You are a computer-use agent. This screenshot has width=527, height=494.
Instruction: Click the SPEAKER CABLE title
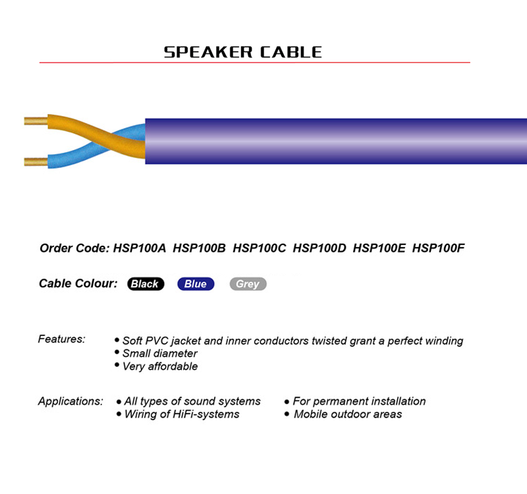click(x=242, y=52)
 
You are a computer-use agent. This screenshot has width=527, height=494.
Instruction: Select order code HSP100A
click(x=140, y=248)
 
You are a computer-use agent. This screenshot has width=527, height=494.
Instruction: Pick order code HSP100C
click(x=259, y=248)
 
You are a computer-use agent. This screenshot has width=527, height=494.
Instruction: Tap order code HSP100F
click(x=438, y=248)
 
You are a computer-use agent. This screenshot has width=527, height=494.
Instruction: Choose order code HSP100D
click(x=319, y=248)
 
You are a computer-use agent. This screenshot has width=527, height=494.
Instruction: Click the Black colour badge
click(x=146, y=284)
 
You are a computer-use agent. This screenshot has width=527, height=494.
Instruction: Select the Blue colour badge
click(x=196, y=284)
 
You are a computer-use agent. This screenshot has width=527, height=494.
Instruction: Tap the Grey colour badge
click(x=248, y=284)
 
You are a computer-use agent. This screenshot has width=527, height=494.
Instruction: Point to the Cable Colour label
click(x=78, y=283)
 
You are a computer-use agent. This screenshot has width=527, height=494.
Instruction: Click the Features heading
click(x=61, y=339)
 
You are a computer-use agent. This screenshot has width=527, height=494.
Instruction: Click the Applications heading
click(x=70, y=401)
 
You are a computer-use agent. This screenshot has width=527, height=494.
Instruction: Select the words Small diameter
click(x=159, y=353)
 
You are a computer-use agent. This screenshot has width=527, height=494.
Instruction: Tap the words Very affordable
click(x=160, y=366)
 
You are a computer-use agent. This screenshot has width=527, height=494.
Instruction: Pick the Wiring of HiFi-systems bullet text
click(x=182, y=414)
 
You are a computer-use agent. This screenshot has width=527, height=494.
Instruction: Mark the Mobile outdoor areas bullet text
click(x=348, y=414)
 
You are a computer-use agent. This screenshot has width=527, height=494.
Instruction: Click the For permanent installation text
click(x=359, y=401)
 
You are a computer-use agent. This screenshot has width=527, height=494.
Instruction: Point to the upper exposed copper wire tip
click(x=24, y=121)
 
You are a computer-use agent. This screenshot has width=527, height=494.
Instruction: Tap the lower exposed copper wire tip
click(x=24, y=161)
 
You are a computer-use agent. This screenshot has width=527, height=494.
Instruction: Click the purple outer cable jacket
click(x=336, y=141)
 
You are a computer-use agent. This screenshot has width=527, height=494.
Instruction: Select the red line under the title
click(x=255, y=63)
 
